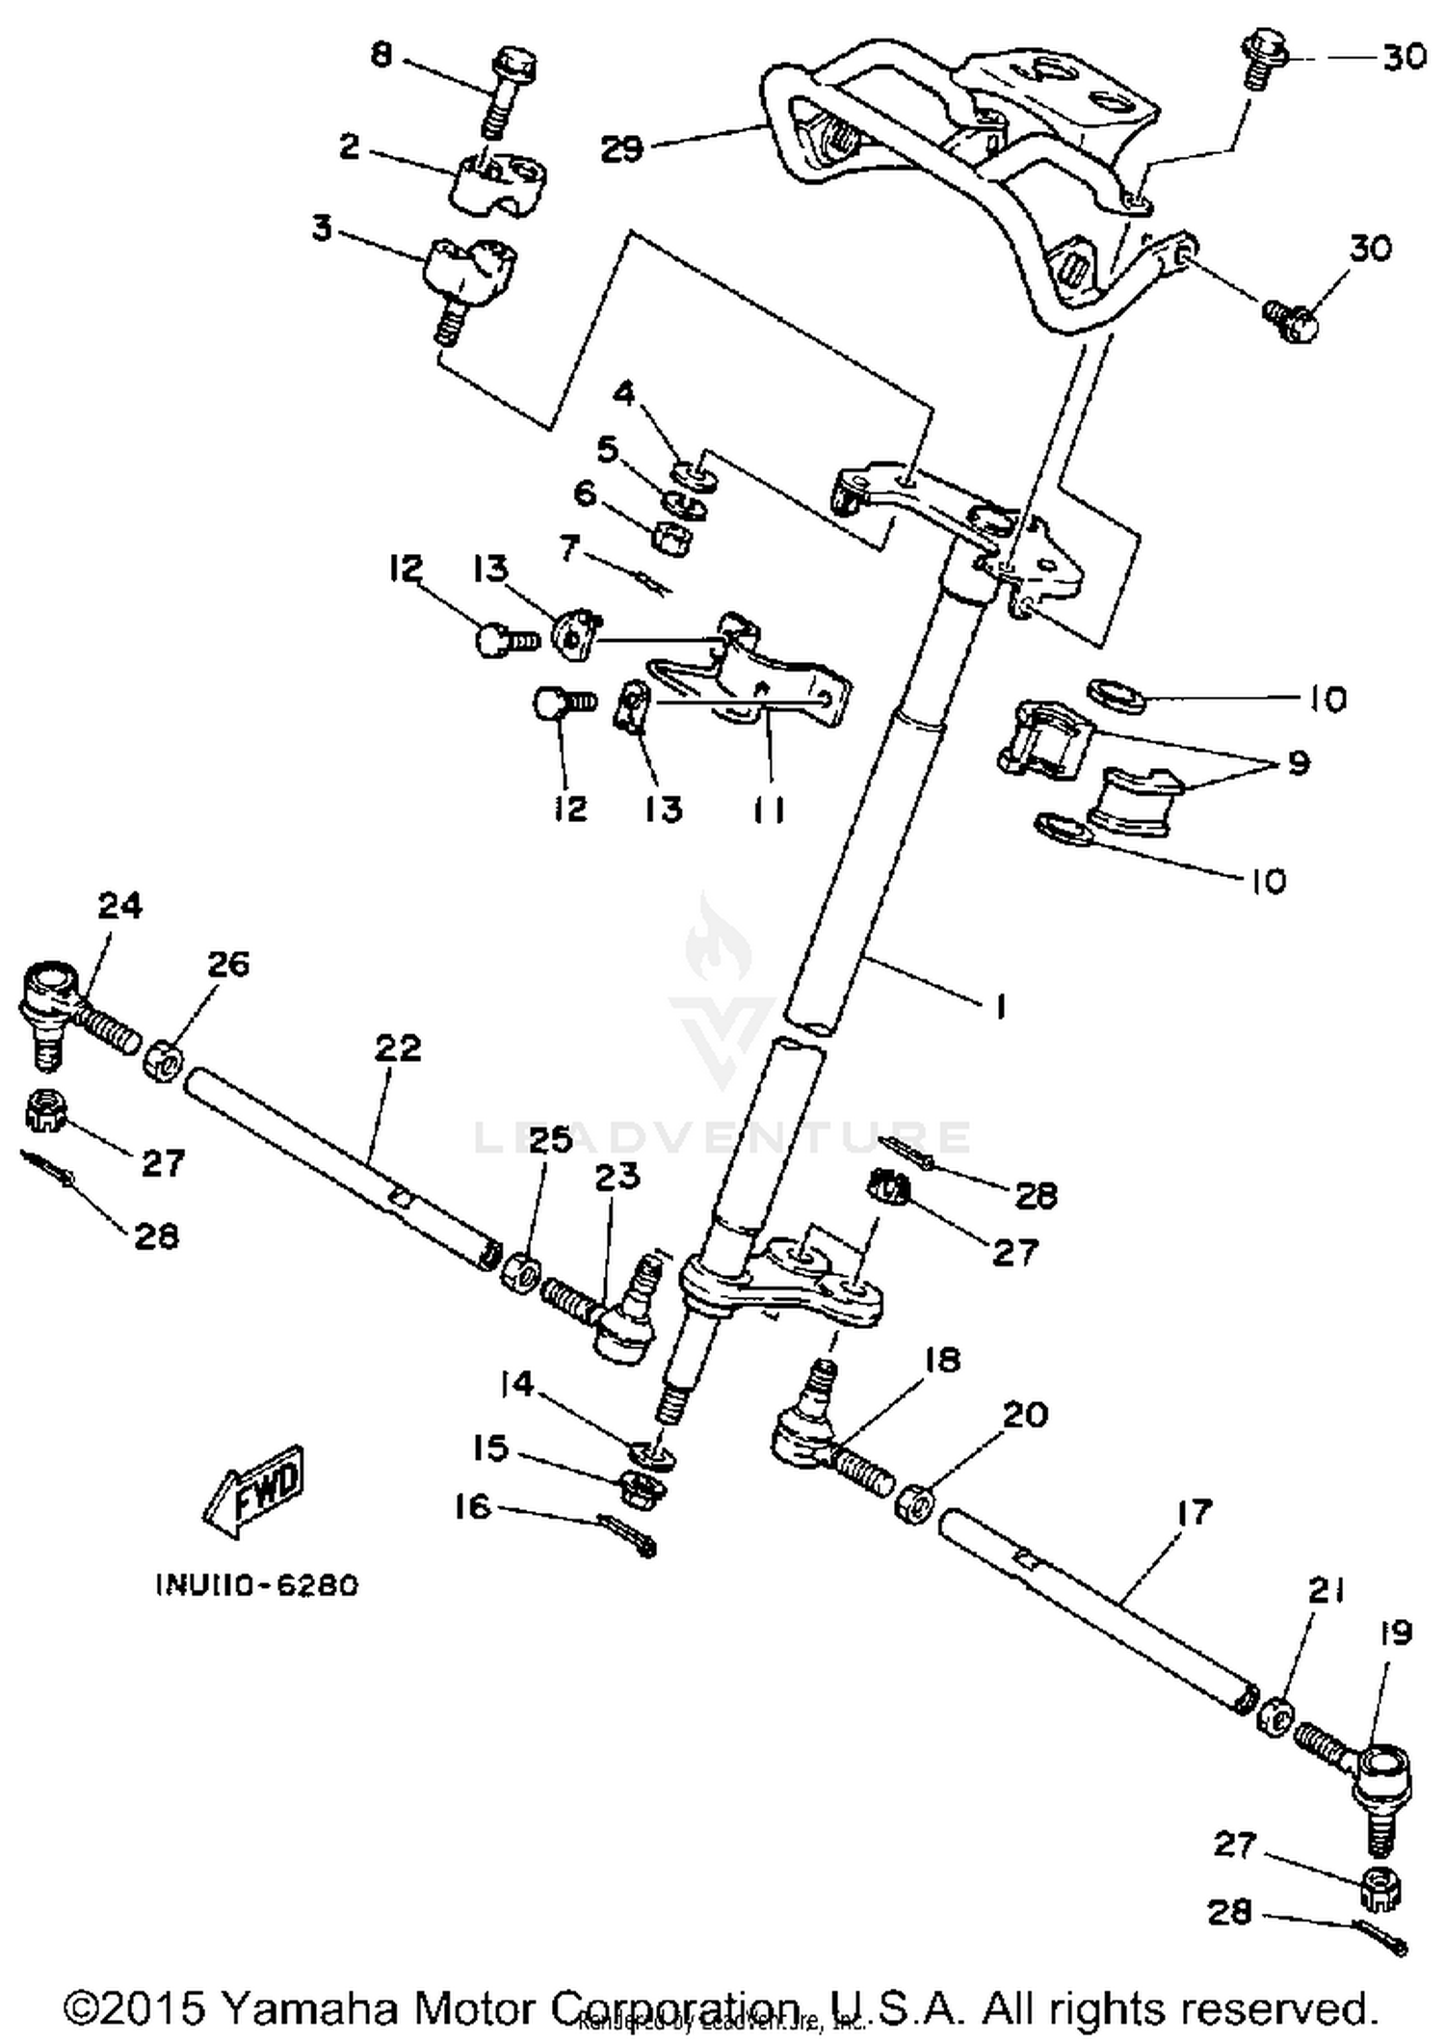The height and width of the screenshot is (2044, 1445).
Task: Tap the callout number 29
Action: coord(622,149)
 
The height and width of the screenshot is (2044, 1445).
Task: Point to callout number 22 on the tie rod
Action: coord(398,1048)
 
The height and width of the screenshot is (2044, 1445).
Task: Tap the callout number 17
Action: coord(1194,1512)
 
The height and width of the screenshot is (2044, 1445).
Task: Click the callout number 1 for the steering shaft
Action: coord(1000,1007)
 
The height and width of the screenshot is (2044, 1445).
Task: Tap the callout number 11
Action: coord(768,810)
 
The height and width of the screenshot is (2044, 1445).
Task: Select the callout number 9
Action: coord(1299,763)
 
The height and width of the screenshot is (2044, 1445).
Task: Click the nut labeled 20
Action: coord(914,1503)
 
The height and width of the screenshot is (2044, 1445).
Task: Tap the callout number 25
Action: coord(550,1140)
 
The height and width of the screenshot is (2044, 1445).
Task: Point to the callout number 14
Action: coord(516,1385)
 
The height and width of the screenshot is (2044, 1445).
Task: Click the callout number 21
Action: coord(1326,1591)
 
